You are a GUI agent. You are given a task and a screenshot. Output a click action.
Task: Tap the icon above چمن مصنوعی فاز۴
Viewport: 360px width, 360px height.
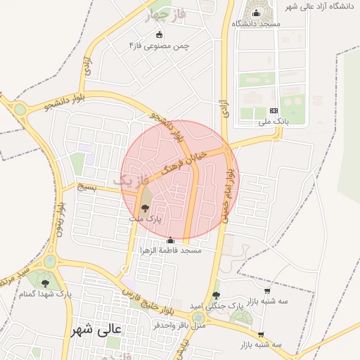[x=159, y=34]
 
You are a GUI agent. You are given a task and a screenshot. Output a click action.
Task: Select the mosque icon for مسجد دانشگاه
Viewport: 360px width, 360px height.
[x=256, y=13]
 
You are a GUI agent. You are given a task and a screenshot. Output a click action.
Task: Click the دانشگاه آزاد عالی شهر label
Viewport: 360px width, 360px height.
[x=321, y=6]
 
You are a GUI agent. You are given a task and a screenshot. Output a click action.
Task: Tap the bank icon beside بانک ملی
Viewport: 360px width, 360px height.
[x=274, y=110]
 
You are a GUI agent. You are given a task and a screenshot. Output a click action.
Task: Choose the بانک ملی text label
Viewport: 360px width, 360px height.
[x=274, y=122]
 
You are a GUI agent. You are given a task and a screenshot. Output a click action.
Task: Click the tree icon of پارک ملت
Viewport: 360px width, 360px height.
[x=145, y=208]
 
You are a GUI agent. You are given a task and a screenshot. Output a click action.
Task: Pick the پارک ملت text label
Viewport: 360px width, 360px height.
[x=145, y=219]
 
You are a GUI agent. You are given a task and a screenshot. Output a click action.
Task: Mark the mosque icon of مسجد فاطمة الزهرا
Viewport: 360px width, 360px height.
[x=169, y=240]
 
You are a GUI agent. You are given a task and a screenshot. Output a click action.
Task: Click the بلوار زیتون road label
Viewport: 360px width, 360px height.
[x=61, y=219]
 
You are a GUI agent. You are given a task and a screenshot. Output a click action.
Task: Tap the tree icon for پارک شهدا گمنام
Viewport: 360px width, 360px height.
[x=46, y=283]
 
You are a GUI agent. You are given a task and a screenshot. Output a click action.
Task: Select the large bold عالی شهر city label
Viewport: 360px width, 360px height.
[x=97, y=329]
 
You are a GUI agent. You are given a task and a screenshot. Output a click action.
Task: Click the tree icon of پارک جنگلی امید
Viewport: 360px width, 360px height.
[x=215, y=295]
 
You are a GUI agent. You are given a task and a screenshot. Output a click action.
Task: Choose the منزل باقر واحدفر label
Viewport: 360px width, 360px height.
[x=179, y=326]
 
